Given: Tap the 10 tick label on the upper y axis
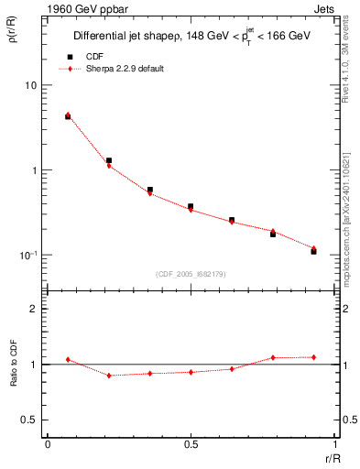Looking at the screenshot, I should pos(30,85).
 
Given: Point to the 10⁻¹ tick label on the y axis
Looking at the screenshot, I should pos(27,256).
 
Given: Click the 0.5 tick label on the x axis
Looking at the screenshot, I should pos(191,444).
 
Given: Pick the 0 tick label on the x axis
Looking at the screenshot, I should pos(48,444).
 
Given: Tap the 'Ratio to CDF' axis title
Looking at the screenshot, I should pos(14,364).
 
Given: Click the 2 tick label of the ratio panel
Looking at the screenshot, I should pos(34,309).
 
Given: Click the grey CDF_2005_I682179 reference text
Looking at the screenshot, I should pos(191,273).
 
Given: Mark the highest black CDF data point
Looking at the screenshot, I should pos(68,116).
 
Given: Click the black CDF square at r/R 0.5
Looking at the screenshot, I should pos(191,207).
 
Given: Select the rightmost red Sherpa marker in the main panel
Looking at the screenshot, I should pos(313,248).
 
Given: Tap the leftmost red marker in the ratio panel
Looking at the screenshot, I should pos(68,360).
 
